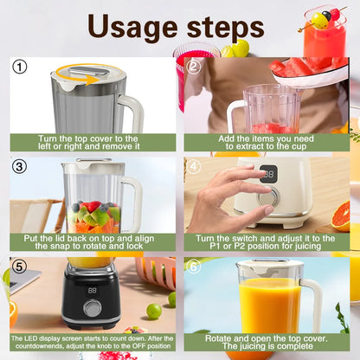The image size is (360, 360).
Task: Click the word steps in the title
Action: [226, 28]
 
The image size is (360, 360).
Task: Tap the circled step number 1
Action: [20, 67]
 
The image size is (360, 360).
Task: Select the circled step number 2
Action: [194, 67]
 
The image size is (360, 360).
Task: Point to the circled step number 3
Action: [20, 165]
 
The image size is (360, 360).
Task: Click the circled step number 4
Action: [194, 165]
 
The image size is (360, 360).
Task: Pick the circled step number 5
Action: [20, 267]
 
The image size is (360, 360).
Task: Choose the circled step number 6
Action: [194, 267]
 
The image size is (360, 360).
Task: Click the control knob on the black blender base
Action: [92, 309]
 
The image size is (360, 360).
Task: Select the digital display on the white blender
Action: [269, 173]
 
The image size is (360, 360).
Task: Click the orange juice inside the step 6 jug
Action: [269, 307]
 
